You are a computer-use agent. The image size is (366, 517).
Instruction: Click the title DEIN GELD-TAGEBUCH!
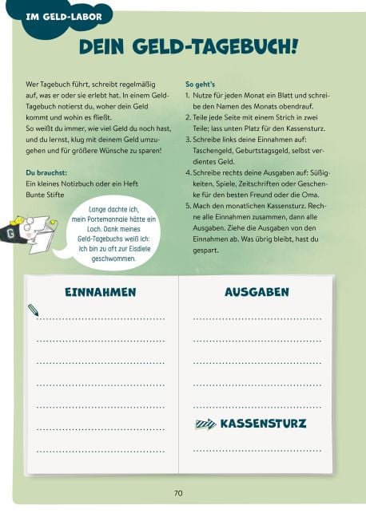(189, 48)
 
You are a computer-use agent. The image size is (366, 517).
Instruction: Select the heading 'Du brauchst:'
(45, 172)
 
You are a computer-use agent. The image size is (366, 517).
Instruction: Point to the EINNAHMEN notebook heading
(101, 293)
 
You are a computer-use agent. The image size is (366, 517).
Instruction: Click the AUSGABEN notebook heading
(257, 293)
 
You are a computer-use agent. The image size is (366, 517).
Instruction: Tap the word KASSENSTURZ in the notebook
(263, 423)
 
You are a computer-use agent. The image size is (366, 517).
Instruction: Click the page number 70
(178, 493)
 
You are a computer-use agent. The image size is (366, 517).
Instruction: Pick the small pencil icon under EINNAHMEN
(33, 309)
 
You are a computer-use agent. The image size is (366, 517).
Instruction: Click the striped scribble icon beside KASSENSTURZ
(205, 424)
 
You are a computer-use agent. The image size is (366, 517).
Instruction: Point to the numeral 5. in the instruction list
(189, 206)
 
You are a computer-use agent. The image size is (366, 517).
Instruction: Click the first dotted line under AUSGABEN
(257, 318)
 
